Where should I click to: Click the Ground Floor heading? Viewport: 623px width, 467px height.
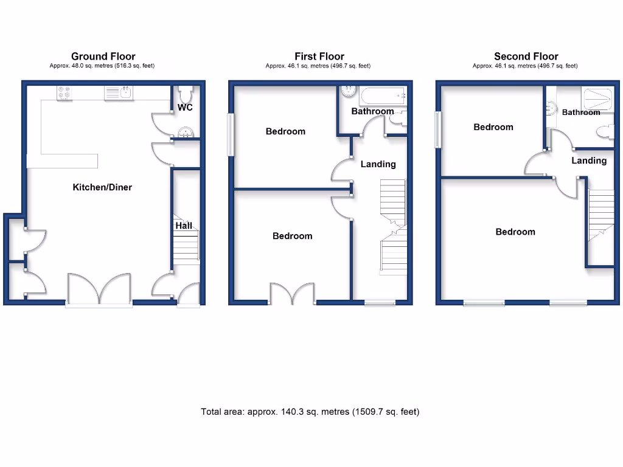[103, 57]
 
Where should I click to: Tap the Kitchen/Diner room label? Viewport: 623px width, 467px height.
[102, 187]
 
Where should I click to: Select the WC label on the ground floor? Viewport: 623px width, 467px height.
[186, 108]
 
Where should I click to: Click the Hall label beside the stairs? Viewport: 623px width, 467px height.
[184, 226]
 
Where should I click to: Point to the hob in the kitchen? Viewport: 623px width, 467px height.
[63, 93]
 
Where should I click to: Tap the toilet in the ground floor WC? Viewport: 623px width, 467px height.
[186, 95]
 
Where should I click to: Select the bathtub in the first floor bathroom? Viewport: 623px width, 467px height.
[383, 96]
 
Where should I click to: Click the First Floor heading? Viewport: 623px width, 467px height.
[319, 57]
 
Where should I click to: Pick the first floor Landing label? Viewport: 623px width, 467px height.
[378, 164]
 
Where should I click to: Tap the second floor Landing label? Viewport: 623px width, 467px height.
[588, 161]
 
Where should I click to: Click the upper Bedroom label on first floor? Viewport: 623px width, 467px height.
[285, 131]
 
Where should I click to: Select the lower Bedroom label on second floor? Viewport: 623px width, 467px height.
[515, 232]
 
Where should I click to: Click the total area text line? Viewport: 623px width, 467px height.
[310, 412]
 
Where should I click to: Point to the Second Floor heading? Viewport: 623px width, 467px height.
[526, 57]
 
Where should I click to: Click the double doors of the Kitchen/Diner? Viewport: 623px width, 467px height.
[99, 289]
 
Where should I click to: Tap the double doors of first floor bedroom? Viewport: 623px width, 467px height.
[293, 293]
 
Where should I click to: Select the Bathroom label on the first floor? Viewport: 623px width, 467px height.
[372, 111]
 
